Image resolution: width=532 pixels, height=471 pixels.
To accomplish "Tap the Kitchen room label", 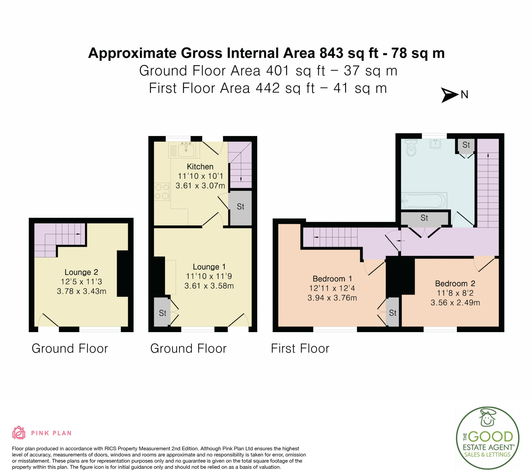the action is (x=200, y=166).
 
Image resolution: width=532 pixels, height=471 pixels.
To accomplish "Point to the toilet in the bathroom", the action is (x=411, y=147).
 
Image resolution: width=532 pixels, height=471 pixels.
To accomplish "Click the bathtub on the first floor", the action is (x=424, y=201).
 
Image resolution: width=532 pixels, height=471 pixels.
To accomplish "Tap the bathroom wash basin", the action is (x=435, y=143).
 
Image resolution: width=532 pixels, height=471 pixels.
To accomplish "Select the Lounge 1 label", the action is (x=209, y=267).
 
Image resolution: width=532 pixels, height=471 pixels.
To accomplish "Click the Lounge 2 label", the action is (x=81, y=272).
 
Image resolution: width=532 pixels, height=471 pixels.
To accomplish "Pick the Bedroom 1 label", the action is (x=332, y=279).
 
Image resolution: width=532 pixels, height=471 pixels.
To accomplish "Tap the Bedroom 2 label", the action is (x=455, y=283).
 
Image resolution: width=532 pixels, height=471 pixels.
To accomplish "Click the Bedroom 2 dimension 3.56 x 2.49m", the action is (x=455, y=302).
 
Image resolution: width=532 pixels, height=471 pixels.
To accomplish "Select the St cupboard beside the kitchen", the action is (x=240, y=208).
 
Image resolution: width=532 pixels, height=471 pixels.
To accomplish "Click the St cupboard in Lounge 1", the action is (x=162, y=312).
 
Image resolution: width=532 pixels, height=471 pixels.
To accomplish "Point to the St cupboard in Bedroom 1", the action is (x=393, y=312).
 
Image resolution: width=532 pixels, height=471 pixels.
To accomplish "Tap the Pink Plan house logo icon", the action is (x=19, y=433).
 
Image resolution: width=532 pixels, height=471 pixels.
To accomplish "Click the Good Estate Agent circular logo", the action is (x=488, y=438).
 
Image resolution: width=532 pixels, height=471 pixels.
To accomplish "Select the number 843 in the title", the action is (x=331, y=53).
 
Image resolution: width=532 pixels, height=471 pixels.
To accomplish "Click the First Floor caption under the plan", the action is (x=300, y=348).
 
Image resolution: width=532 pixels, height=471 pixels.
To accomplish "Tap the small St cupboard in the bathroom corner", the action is (x=466, y=145).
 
